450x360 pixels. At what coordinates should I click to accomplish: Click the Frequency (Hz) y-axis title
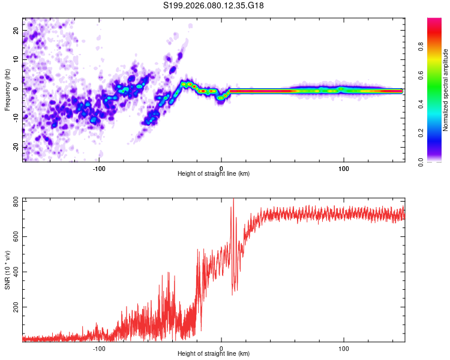pos(7,90)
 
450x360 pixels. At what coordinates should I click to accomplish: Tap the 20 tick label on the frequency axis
pos(16,30)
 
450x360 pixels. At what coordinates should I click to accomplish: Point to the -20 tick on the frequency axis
pos(16,147)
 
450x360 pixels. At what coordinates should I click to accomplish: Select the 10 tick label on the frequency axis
pos(16,59)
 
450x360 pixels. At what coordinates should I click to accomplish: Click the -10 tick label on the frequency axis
pos(16,118)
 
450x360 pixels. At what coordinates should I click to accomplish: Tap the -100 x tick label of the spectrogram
pos(99,168)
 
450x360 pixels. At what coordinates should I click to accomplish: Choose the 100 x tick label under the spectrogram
pos(344,168)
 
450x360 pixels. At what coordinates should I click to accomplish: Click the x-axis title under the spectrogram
pos(214,174)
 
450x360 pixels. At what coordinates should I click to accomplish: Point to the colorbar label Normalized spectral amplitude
pos(445,90)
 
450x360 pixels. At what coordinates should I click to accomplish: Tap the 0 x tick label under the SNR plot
pos(221,349)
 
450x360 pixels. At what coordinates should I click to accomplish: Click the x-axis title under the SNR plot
pos(214,355)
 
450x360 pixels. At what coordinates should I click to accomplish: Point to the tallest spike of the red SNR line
pos(233,200)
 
